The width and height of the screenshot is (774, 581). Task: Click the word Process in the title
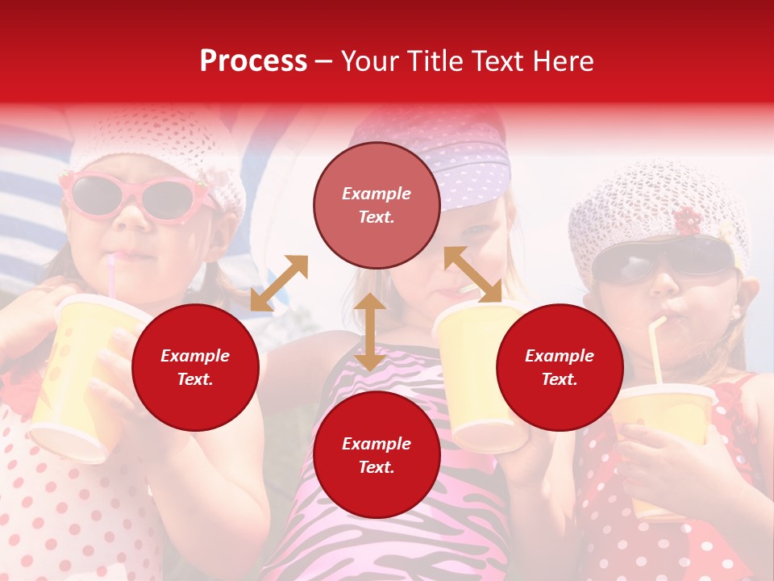[253, 61]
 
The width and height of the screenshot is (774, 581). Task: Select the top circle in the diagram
[377, 205]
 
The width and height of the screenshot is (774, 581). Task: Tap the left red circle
[195, 367]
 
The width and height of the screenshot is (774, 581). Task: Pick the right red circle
[560, 367]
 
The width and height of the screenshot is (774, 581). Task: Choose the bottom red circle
[377, 455]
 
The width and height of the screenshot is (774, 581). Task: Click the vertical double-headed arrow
[370, 332]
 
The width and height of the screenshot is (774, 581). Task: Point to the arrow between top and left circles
[279, 283]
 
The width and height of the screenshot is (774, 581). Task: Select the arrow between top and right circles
[472, 274]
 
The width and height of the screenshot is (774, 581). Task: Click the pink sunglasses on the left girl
[133, 195]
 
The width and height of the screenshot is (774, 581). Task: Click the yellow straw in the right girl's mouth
[656, 347]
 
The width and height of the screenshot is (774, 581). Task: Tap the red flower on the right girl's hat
[687, 220]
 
